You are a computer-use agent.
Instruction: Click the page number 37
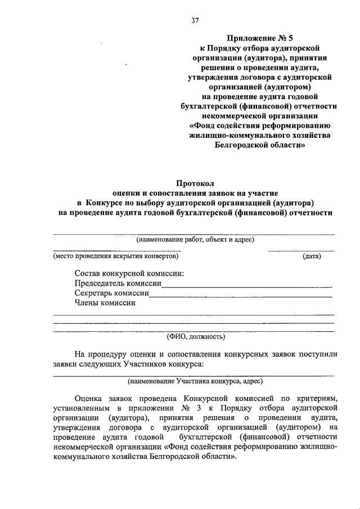pos(195,21)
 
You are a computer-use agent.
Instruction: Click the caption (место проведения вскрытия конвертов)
pos(116,256)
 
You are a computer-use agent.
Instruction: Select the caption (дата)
pos(312,256)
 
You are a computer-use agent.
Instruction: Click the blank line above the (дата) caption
pos(301,250)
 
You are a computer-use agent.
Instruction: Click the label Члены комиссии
pos(105,303)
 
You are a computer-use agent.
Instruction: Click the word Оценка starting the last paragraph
pos(91,397)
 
